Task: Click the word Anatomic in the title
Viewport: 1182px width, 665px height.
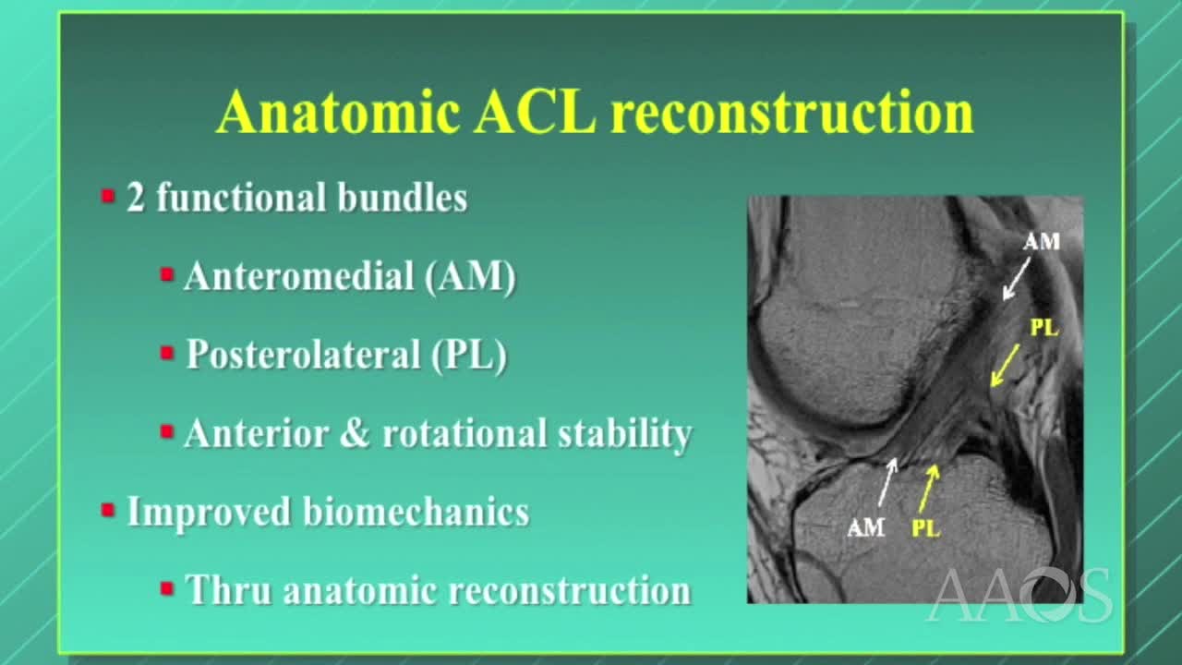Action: pos(338,114)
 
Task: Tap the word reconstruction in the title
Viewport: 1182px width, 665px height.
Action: pos(791,114)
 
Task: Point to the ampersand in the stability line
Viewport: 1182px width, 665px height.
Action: pos(354,433)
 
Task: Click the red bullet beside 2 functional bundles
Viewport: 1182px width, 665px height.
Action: pos(108,197)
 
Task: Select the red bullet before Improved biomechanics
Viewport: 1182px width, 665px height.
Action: pos(108,510)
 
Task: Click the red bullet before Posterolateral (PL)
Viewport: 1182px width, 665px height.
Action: pos(167,353)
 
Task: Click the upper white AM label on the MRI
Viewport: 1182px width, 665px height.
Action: pos(1041,242)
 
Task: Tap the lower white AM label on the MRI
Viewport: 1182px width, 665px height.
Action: pos(866,527)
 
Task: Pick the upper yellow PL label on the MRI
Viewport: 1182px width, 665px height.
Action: pos(1043,328)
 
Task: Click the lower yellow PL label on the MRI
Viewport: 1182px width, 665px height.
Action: pos(925,528)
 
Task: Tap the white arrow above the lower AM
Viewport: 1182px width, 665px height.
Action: pos(886,481)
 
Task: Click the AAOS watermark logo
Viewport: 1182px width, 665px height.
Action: pos(1019,596)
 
